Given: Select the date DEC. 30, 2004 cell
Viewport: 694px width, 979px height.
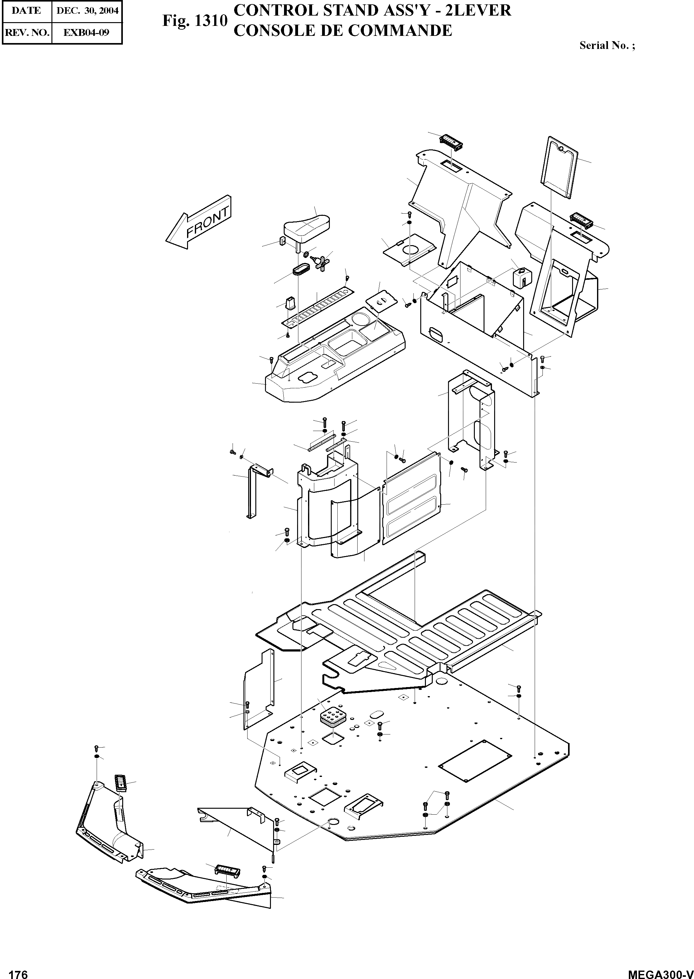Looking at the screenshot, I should pyautogui.click(x=87, y=11).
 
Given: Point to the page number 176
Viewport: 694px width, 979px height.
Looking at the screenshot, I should pyautogui.click(x=18, y=971).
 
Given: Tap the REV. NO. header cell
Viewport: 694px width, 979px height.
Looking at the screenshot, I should pyautogui.click(x=27, y=32).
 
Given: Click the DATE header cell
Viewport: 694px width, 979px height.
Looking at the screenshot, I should pyautogui.click(x=27, y=11).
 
